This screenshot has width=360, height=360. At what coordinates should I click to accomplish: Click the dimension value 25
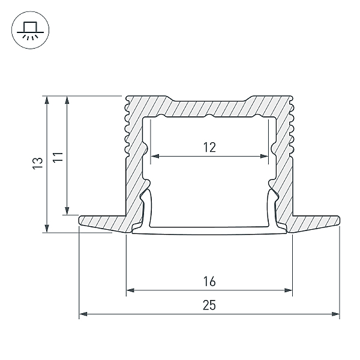209,305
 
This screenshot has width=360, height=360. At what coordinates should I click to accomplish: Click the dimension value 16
209,281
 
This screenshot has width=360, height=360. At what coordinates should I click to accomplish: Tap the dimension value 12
209,148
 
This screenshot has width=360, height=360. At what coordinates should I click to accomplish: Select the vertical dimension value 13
38,163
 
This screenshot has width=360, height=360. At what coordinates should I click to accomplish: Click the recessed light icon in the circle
31,30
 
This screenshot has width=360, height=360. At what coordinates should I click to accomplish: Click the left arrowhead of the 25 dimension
83,314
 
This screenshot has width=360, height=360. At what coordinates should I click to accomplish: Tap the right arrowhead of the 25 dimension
335,314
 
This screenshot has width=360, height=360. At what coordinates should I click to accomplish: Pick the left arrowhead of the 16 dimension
130,290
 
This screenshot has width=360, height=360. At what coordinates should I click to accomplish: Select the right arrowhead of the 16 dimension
288,290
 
